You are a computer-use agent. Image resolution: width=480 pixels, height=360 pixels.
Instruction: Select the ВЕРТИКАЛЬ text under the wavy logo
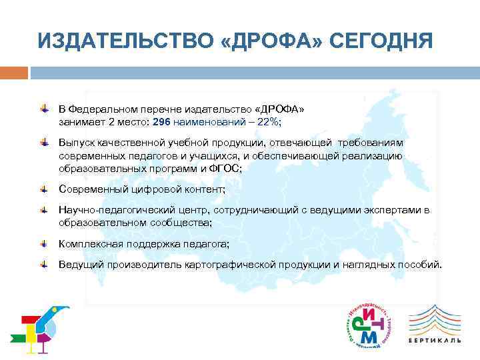[x=434, y=340]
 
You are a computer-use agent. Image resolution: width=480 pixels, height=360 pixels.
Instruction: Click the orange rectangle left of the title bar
[x=14, y=72]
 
